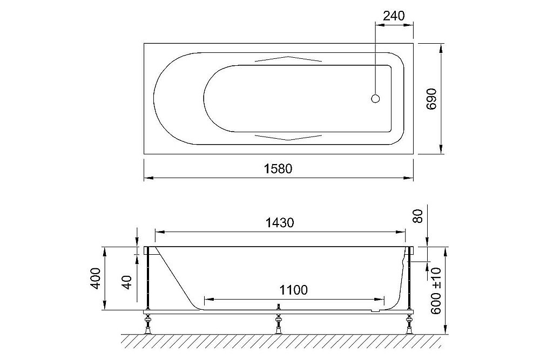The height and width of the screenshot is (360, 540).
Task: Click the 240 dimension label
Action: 394,16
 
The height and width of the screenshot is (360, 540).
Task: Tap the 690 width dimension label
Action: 431,99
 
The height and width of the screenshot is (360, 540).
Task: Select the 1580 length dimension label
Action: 278,168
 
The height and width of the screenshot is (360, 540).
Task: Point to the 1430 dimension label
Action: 280,223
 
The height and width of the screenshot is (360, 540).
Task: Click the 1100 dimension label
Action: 293,290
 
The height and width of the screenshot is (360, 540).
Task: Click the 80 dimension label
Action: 418,216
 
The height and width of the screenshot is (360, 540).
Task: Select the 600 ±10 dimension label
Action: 436,291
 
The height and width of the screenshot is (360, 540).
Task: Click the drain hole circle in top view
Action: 375,98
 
